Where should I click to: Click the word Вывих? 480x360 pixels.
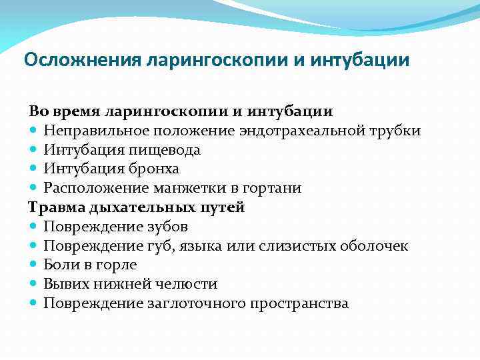[65, 284]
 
